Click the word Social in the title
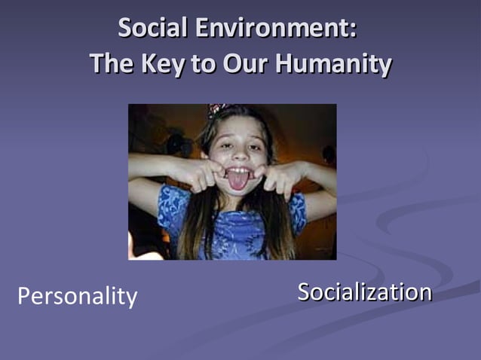click(153, 29)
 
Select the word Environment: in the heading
click(274, 29)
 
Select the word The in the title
click(112, 63)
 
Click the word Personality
click(77, 296)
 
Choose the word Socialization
click(364, 291)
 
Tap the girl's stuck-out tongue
click(237, 181)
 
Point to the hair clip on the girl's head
click(218, 110)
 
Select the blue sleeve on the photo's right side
click(298, 211)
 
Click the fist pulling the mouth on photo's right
click(275, 178)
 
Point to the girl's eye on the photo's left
click(222, 142)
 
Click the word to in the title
click(202, 63)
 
